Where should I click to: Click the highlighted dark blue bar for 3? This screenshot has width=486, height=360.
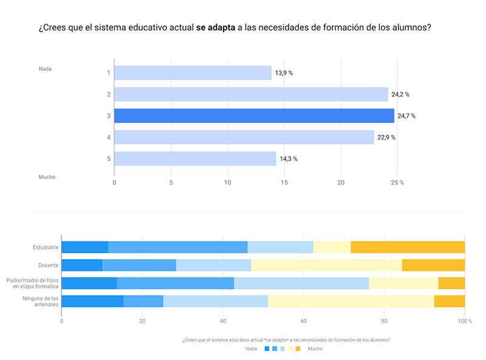(x=254, y=115)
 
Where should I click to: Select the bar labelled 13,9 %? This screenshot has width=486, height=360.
(x=193, y=73)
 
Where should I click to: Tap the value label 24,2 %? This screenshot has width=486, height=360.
(x=400, y=94)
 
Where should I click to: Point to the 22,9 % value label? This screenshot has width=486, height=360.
(x=386, y=137)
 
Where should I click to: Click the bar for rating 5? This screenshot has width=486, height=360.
(x=195, y=158)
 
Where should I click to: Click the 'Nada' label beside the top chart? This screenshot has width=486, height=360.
(x=45, y=69)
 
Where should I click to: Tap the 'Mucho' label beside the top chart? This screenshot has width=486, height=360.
(x=47, y=177)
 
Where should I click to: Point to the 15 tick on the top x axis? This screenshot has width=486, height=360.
(x=284, y=182)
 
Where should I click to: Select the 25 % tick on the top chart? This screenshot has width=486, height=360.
(x=397, y=182)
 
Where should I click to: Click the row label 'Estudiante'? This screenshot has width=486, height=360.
(x=46, y=247)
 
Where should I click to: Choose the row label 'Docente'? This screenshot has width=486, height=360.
(x=49, y=265)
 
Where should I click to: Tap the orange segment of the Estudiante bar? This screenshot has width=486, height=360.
(x=408, y=247)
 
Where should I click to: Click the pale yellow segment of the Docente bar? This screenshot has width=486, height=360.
(x=326, y=265)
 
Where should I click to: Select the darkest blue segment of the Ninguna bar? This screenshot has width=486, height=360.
(x=92, y=301)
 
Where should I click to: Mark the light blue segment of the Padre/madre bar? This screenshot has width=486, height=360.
(x=301, y=283)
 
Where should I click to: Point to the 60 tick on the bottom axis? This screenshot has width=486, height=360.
(x=304, y=321)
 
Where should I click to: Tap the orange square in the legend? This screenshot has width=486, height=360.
(x=298, y=348)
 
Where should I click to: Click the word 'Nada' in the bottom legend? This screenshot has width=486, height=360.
(x=251, y=348)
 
